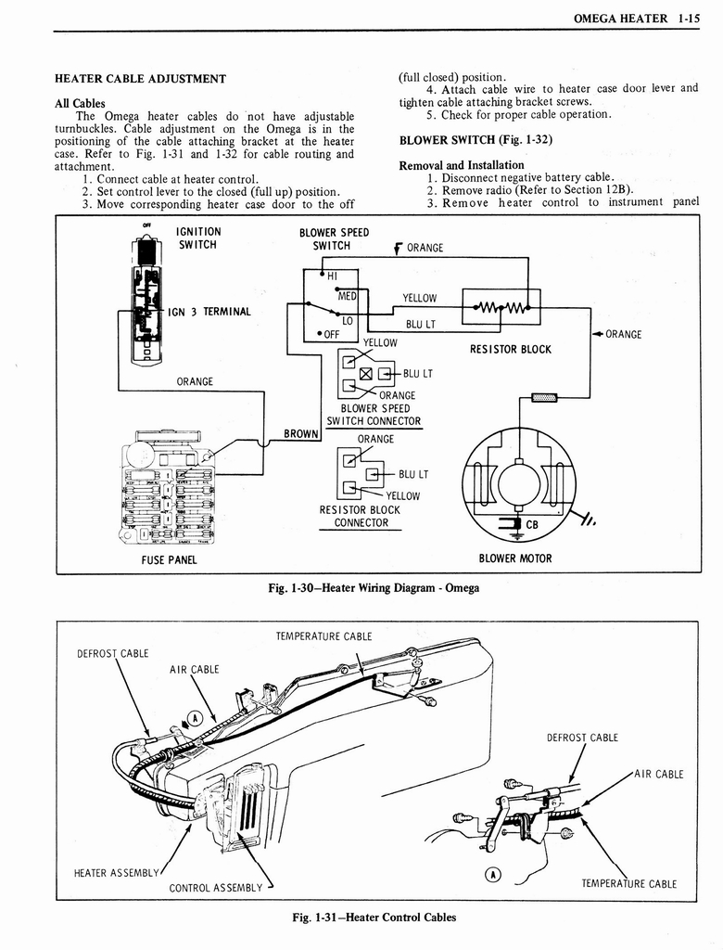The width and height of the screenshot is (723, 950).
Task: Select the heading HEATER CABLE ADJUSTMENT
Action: (x=140, y=79)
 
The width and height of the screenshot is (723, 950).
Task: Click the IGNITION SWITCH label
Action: (x=197, y=238)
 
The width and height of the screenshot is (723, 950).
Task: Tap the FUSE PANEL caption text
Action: (x=169, y=559)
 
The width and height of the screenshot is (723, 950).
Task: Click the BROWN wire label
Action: (x=300, y=433)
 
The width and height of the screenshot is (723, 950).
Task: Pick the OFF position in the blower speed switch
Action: (x=329, y=334)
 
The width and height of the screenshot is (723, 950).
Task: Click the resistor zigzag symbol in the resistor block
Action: (x=500, y=308)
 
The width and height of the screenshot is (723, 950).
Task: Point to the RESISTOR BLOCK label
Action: (x=510, y=350)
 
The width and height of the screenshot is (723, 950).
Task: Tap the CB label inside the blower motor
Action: (x=532, y=524)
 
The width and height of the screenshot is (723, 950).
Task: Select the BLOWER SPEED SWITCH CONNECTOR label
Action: (x=374, y=415)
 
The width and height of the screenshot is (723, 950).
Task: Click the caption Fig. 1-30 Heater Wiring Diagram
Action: (x=372, y=588)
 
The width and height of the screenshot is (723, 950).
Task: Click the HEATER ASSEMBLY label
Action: (x=116, y=872)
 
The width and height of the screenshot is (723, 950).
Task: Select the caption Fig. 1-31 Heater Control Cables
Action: (x=374, y=918)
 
